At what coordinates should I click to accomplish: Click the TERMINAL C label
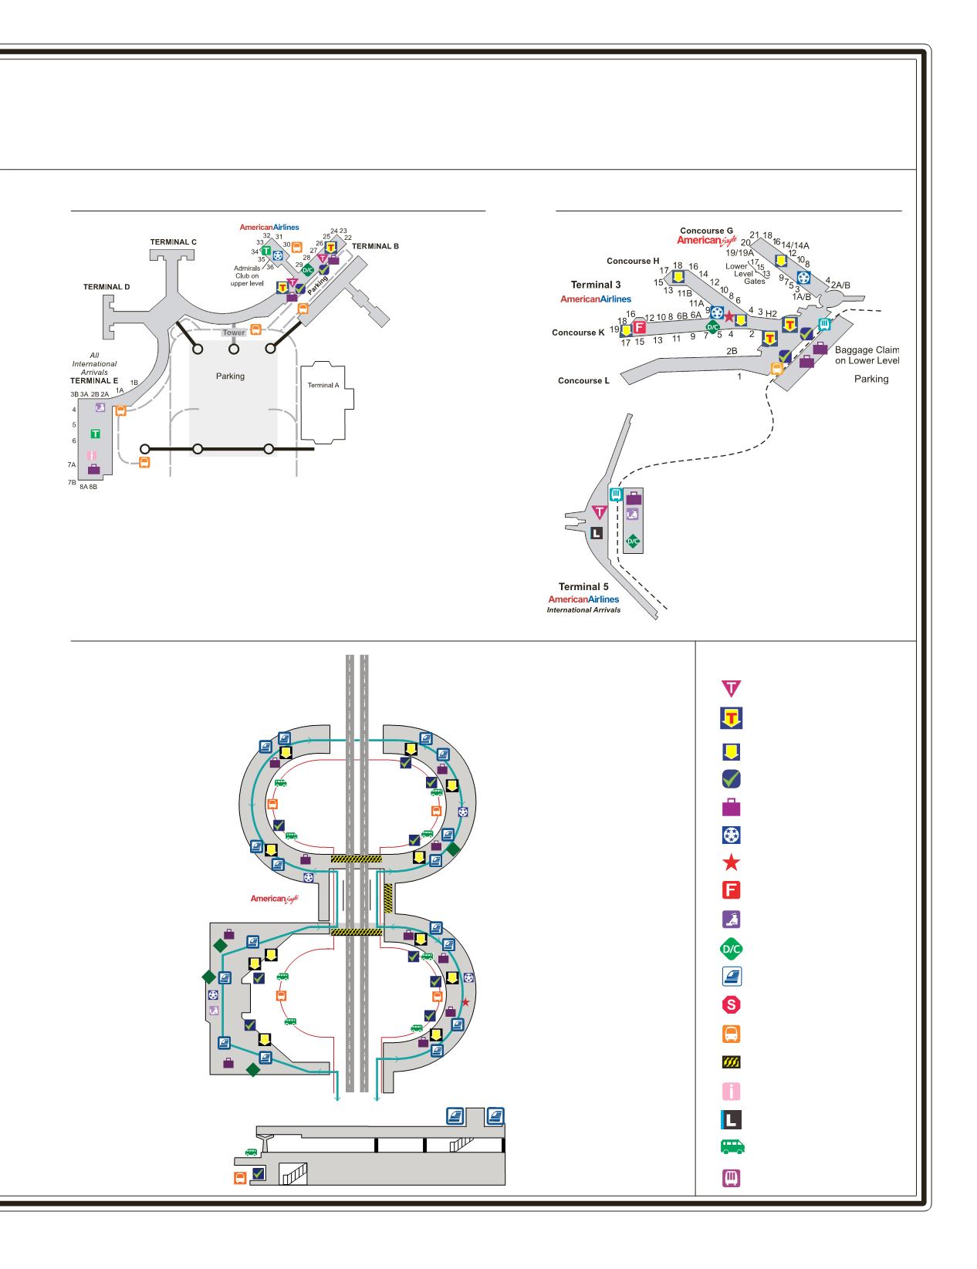173,242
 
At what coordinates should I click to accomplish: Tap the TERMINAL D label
106,287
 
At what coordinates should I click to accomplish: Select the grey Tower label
234,333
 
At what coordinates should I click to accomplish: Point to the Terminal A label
323,385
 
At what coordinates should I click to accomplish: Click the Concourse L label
583,381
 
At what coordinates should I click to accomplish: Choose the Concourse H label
633,261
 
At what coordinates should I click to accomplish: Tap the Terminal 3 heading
596,285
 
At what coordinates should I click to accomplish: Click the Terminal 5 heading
583,587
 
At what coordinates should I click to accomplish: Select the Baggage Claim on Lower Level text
867,355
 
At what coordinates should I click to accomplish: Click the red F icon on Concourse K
639,326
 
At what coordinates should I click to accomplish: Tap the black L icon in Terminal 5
596,533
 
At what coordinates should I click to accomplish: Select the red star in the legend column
730,862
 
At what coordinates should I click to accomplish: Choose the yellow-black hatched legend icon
730,1062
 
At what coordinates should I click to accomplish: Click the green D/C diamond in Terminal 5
633,542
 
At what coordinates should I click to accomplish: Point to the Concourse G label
706,231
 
